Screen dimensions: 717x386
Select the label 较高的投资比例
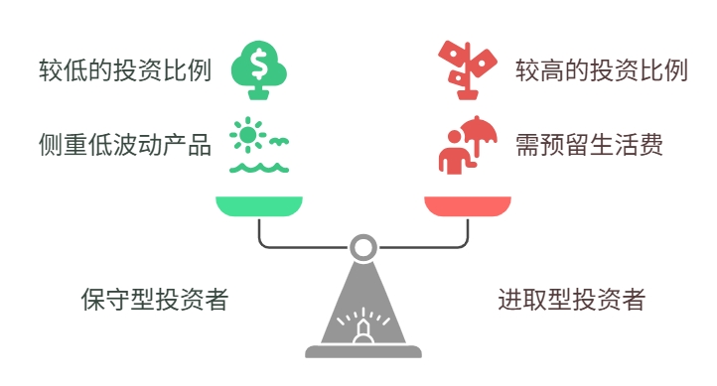[x=601, y=71]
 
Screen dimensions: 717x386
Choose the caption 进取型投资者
[x=571, y=300]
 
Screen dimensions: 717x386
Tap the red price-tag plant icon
[x=467, y=67]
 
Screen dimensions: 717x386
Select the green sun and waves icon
[x=258, y=145]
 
